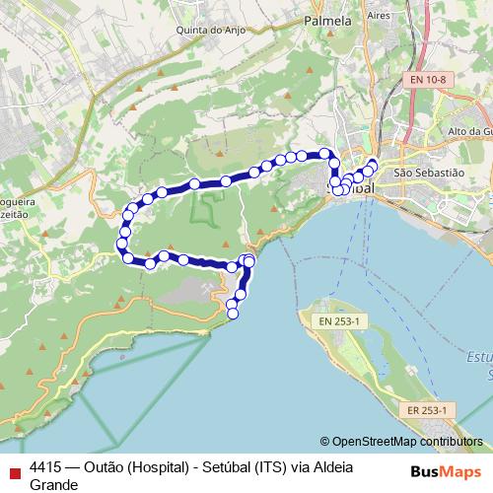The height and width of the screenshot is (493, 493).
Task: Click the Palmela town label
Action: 328,20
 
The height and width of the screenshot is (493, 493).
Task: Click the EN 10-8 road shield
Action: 429,80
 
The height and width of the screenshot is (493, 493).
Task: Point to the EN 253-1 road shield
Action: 340,320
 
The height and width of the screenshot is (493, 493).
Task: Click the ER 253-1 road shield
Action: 426,409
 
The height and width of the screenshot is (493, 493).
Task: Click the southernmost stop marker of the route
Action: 233,314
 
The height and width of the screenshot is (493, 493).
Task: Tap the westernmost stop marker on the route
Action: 122,243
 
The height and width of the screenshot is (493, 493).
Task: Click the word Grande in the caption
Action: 53,458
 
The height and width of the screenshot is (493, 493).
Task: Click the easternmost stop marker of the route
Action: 373,164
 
